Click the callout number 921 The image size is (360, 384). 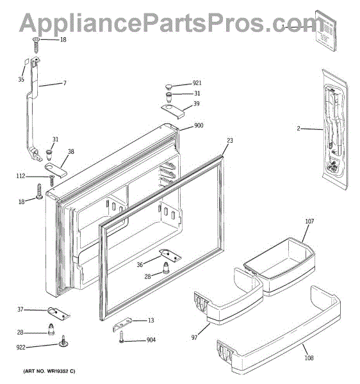point(197,83)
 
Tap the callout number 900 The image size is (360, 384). point(199,125)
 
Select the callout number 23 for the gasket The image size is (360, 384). point(230,141)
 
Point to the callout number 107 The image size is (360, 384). point(309,221)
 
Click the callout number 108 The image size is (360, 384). point(309,358)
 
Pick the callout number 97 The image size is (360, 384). point(194,338)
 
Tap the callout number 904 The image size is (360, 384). point(151,340)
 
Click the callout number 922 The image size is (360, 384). point(21,348)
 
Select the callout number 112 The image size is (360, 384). point(20,176)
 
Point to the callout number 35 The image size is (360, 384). point(21,79)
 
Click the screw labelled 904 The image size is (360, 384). point(122,337)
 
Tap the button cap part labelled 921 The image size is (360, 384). point(168,86)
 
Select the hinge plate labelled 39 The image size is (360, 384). point(173,111)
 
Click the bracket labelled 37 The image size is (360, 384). point(58,313)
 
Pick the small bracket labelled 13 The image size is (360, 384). point(122,324)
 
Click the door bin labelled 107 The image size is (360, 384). point(279,266)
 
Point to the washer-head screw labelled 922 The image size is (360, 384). point(63,341)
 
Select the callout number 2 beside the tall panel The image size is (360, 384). point(299,129)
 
